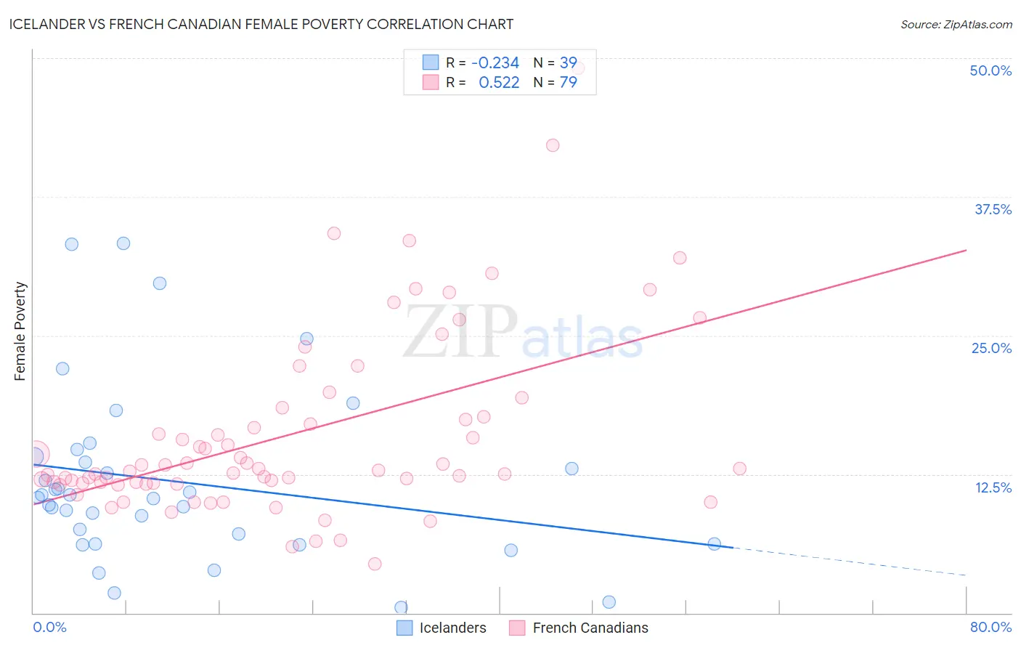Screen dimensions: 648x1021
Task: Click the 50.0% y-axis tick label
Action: click(x=991, y=70)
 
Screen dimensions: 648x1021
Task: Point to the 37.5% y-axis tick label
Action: click(x=993, y=209)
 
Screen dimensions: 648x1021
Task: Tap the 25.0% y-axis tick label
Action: click(x=991, y=348)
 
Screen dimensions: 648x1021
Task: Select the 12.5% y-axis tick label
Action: click(x=993, y=487)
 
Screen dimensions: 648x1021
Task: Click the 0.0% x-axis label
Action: click(x=49, y=627)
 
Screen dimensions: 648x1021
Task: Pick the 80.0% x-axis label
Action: click(x=991, y=627)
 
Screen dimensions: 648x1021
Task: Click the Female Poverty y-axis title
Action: click(x=20, y=331)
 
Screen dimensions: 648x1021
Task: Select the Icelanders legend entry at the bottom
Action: click(x=442, y=628)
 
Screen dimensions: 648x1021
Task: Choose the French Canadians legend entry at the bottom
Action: click(x=579, y=628)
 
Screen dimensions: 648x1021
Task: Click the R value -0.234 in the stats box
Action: click(x=495, y=63)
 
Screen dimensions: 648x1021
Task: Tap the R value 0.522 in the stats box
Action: click(x=499, y=83)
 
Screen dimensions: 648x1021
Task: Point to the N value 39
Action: click(x=568, y=63)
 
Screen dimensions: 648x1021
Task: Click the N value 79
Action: click(x=568, y=83)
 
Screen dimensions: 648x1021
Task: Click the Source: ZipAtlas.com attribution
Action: click(x=956, y=25)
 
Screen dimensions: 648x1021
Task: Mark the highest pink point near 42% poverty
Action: click(x=553, y=145)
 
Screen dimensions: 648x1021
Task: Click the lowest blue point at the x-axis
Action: click(x=401, y=607)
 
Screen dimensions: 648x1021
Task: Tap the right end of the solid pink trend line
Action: click(x=966, y=250)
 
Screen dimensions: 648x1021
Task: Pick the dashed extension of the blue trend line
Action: click(x=850, y=562)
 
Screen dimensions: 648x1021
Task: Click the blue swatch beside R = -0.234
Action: click(x=431, y=62)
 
